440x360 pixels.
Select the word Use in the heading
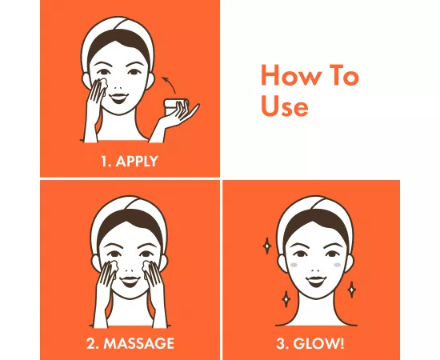coord(285,106)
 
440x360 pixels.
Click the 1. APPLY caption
coord(130,161)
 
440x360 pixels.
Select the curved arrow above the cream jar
coord(166,82)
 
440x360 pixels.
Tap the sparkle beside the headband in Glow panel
coord(266,246)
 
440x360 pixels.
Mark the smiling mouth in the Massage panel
coord(130,280)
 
